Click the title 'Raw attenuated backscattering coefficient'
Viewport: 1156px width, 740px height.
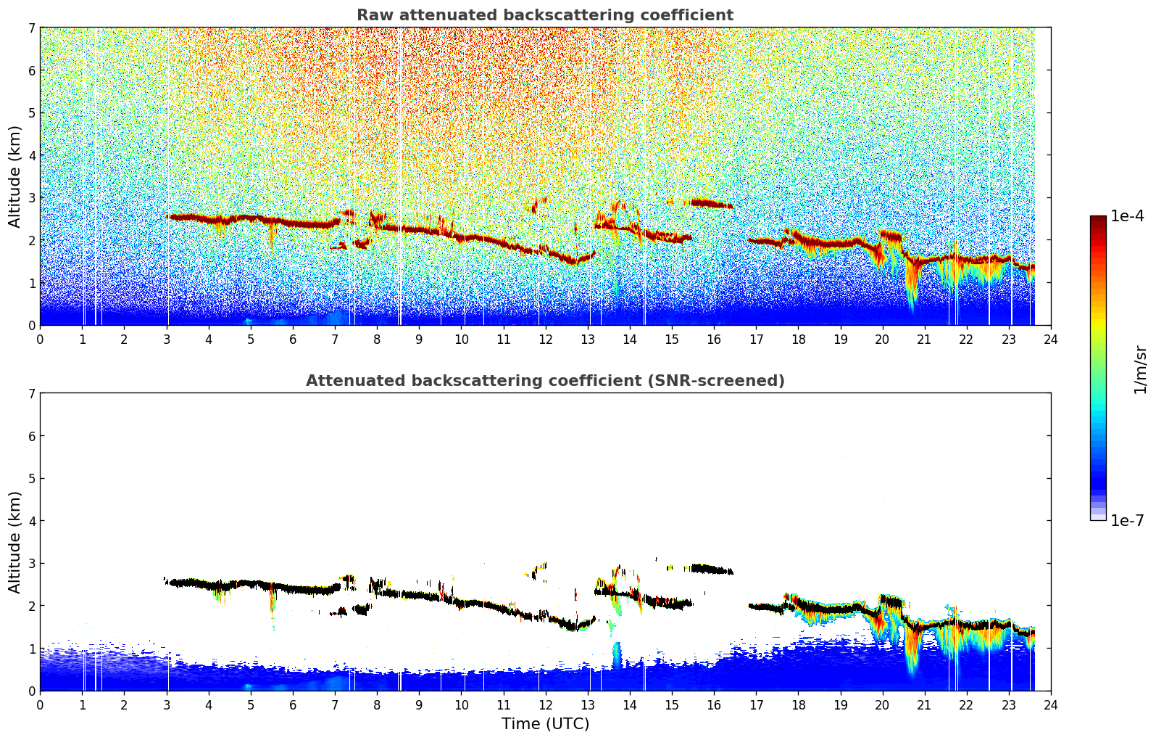[x=545, y=15]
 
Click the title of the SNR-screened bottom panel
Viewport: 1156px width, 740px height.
[x=545, y=381]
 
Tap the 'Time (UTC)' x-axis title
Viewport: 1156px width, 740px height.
[x=545, y=723]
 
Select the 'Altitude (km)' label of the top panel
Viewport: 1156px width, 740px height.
[x=14, y=177]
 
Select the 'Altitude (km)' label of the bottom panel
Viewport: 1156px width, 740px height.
[x=14, y=543]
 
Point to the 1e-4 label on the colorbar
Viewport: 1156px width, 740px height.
[x=1127, y=216]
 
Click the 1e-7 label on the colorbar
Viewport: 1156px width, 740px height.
[x=1127, y=520]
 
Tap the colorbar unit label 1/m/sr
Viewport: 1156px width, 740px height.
[x=1140, y=370]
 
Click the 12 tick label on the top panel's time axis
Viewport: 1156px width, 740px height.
[x=546, y=340]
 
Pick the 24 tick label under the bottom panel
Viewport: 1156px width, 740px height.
[x=1051, y=705]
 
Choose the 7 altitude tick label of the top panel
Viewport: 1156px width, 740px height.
[x=31, y=28]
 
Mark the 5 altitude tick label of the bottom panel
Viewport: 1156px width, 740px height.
[x=31, y=479]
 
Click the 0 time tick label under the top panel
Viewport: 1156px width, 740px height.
[x=41, y=340]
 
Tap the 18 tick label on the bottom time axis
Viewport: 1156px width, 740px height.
[x=799, y=705]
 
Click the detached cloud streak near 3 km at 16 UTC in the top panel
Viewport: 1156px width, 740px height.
[x=711, y=204]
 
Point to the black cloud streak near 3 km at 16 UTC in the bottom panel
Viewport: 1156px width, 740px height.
[x=711, y=570]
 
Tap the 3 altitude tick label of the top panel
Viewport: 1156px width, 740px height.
[x=31, y=197]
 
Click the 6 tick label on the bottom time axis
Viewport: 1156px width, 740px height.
[x=293, y=705]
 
